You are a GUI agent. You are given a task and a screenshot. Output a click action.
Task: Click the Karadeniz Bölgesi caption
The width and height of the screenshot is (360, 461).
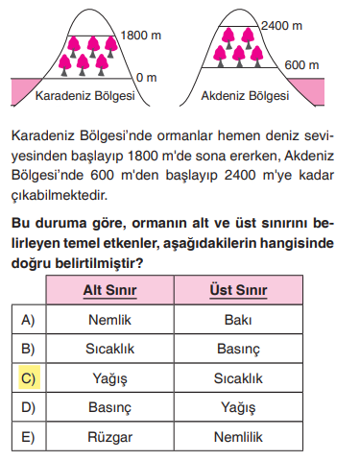click(x=84, y=96)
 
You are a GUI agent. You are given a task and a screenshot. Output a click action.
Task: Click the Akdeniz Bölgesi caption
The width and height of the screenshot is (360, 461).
click(x=245, y=96)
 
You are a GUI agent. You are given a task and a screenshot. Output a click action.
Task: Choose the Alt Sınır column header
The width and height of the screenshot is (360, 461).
click(x=108, y=290)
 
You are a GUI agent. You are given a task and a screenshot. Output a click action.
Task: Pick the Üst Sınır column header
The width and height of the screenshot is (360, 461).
click(x=236, y=290)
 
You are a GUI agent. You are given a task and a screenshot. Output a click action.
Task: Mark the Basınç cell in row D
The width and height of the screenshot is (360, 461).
click(x=108, y=407)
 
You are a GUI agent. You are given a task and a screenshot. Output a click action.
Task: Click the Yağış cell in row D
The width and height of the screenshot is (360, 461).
click(x=236, y=407)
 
